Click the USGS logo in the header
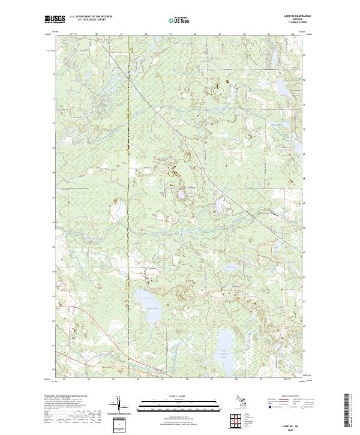coord(55,19)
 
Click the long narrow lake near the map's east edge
coord(295,146)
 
